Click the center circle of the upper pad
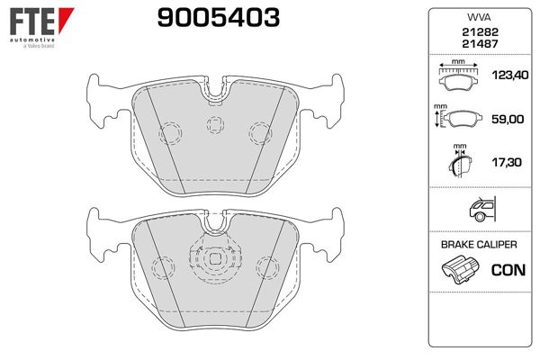point(214,125)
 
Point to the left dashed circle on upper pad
point(170,133)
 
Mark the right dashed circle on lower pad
point(267,267)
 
